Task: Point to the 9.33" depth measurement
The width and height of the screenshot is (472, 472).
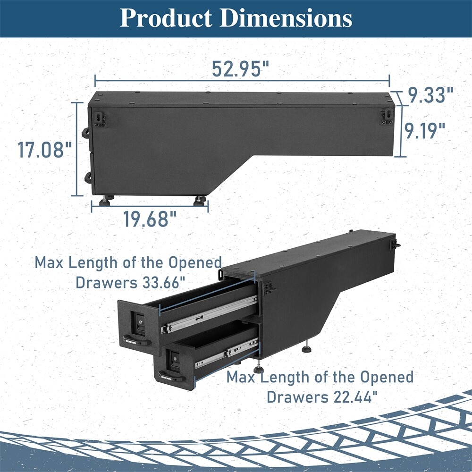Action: click(x=430, y=96)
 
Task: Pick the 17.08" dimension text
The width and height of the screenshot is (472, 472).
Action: click(x=44, y=151)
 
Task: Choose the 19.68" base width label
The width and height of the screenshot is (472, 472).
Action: click(x=150, y=219)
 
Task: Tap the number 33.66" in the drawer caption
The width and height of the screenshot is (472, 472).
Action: click(x=160, y=283)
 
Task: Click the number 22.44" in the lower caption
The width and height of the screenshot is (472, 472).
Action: click(x=354, y=397)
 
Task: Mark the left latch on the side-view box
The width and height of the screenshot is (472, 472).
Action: click(x=100, y=120)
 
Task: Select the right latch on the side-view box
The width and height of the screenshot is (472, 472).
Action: click(x=386, y=118)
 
